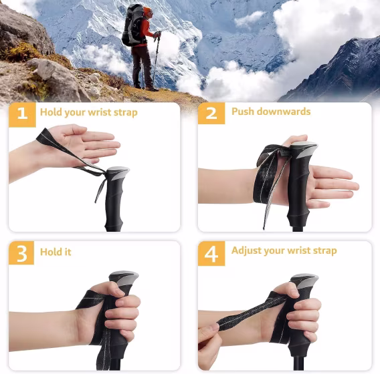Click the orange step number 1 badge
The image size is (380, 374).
(23, 114)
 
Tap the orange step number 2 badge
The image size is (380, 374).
(211, 114)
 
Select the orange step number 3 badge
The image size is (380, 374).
(23, 254)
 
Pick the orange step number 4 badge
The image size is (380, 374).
(211, 254)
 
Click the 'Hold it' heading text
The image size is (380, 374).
(56, 252)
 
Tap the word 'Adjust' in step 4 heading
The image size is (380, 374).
(246, 251)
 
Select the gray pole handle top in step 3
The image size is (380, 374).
(124, 276)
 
